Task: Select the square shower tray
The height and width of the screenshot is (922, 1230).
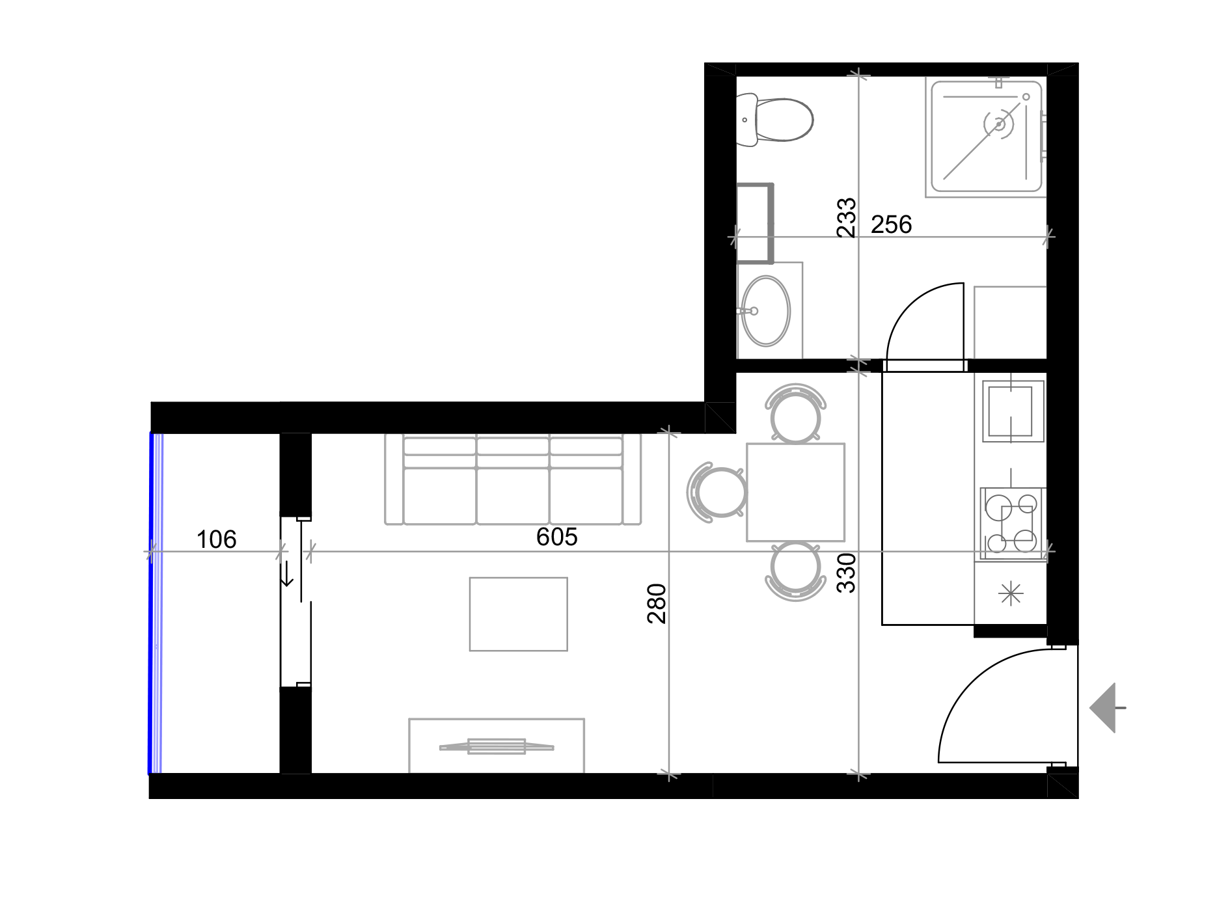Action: click(x=985, y=137)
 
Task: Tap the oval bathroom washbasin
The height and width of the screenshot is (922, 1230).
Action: click(x=767, y=310)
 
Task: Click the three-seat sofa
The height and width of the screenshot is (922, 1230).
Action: click(x=513, y=479)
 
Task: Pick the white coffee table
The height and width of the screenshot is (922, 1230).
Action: click(x=518, y=614)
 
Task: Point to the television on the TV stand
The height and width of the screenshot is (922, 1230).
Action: click(x=497, y=746)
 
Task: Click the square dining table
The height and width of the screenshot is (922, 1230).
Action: click(x=795, y=492)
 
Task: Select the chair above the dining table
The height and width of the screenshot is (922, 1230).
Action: click(x=795, y=413)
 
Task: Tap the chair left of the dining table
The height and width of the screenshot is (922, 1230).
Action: click(x=717, y=492)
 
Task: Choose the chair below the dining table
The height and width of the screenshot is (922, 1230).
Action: click(x=795, y=570)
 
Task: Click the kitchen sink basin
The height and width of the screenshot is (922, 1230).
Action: click(x=1010, y=411)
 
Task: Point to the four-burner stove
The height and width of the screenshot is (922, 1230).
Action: click(x=1011, y=523)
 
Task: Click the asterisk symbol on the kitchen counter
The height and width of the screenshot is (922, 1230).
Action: click(x=1010, y=593)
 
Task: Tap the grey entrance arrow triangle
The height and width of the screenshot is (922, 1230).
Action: click(x=1105, y=708)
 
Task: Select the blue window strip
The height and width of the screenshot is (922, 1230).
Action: click(x=156, y=603)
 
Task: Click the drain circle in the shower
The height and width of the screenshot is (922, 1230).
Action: click(x=999, y=124)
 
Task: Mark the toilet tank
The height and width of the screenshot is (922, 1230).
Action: click(x=746, y=120)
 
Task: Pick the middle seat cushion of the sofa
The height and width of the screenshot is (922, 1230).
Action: click(x=513, y=495)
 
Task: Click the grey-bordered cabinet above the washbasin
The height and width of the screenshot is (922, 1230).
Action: click(x=755, y=223)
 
